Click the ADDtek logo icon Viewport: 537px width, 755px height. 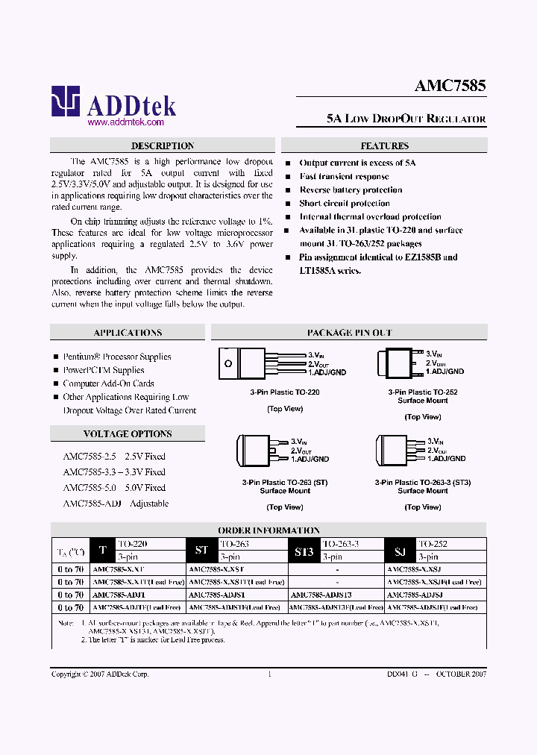click(65, 101)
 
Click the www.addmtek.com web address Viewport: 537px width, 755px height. click(125, 122)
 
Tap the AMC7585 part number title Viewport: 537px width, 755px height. click(450, 85)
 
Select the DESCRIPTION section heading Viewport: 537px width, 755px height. click(162, 146)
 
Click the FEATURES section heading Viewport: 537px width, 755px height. click(384, 146)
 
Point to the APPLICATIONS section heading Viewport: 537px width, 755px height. click(128, 333)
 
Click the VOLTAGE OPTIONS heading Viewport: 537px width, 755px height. click(128, 434)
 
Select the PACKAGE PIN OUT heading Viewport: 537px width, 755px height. click(349, 333)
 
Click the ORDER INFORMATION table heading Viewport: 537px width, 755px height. click(268, 530)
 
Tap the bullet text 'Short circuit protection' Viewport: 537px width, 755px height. click(345, 203)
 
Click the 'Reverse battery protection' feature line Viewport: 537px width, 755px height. click(351, 189)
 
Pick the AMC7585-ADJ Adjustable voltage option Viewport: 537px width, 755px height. click(116, 504)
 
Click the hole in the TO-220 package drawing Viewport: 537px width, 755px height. click(228, 363)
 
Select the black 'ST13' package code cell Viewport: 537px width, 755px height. click(304, 551)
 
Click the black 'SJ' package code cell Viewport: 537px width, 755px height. click(400, 551)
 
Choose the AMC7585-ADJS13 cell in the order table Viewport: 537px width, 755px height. click(320, 595)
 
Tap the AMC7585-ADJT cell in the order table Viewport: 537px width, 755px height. click(119, 595)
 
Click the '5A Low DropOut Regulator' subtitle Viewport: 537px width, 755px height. click(406, 119)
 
